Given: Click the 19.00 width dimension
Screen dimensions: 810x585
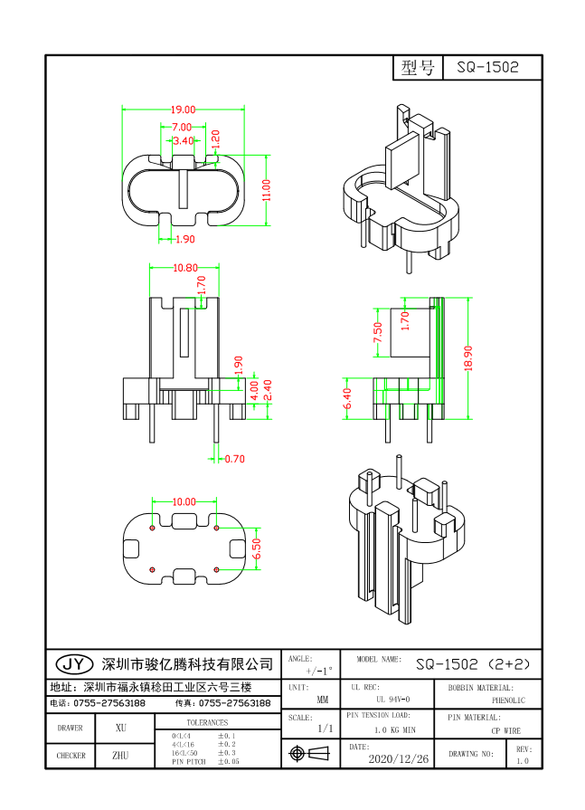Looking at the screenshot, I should tap(184, 110).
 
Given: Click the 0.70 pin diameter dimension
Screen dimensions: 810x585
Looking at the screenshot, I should tap(233, 459).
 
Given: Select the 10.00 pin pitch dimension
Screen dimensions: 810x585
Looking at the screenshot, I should tap(184, 501).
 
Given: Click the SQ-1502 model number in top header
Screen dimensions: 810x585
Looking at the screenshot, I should tap(487, 68).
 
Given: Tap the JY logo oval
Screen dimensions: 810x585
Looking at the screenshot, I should tap(73, 663).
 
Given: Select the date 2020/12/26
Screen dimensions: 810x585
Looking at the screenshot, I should tap(401, 758).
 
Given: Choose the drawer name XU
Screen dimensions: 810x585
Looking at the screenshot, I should tap(121, 727).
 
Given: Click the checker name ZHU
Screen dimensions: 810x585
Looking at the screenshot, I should tap(120, 755).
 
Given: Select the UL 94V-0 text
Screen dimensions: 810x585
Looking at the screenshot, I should tap(392, 700).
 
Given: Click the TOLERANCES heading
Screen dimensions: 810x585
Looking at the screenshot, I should tap(207, 722).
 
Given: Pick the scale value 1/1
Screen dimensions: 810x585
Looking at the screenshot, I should tap(325, 728).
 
